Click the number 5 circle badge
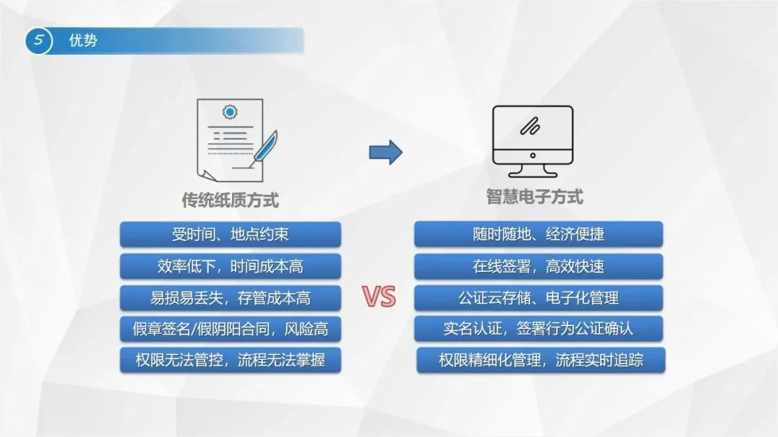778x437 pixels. pos(39,40)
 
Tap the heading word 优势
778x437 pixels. pos(83,40)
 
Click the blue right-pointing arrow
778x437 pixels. pos(385,153)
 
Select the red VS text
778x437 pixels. pos(379,297)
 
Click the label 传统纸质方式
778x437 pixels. pos(231,200)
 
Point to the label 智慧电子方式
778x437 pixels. pos(535,197)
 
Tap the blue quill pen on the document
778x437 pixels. pos(263,149)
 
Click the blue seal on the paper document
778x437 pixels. pos(230,112)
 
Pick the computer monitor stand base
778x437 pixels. pos(533,171)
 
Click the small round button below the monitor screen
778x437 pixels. pos(533,156)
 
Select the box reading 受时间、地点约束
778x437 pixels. pos(231,234)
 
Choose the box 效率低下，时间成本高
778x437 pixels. pos(231,266)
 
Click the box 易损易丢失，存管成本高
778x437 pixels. pos(231,297)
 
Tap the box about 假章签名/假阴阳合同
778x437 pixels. pos(231,329)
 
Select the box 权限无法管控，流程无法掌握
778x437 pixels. pos(231,360)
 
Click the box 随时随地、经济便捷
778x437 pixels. pos(538,234)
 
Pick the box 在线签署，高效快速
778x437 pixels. pos(538,266)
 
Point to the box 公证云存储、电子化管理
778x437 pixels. pos(538,297)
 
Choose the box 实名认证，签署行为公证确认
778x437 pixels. pos(538,328)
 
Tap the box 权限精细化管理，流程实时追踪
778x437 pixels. pos(541,360)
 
